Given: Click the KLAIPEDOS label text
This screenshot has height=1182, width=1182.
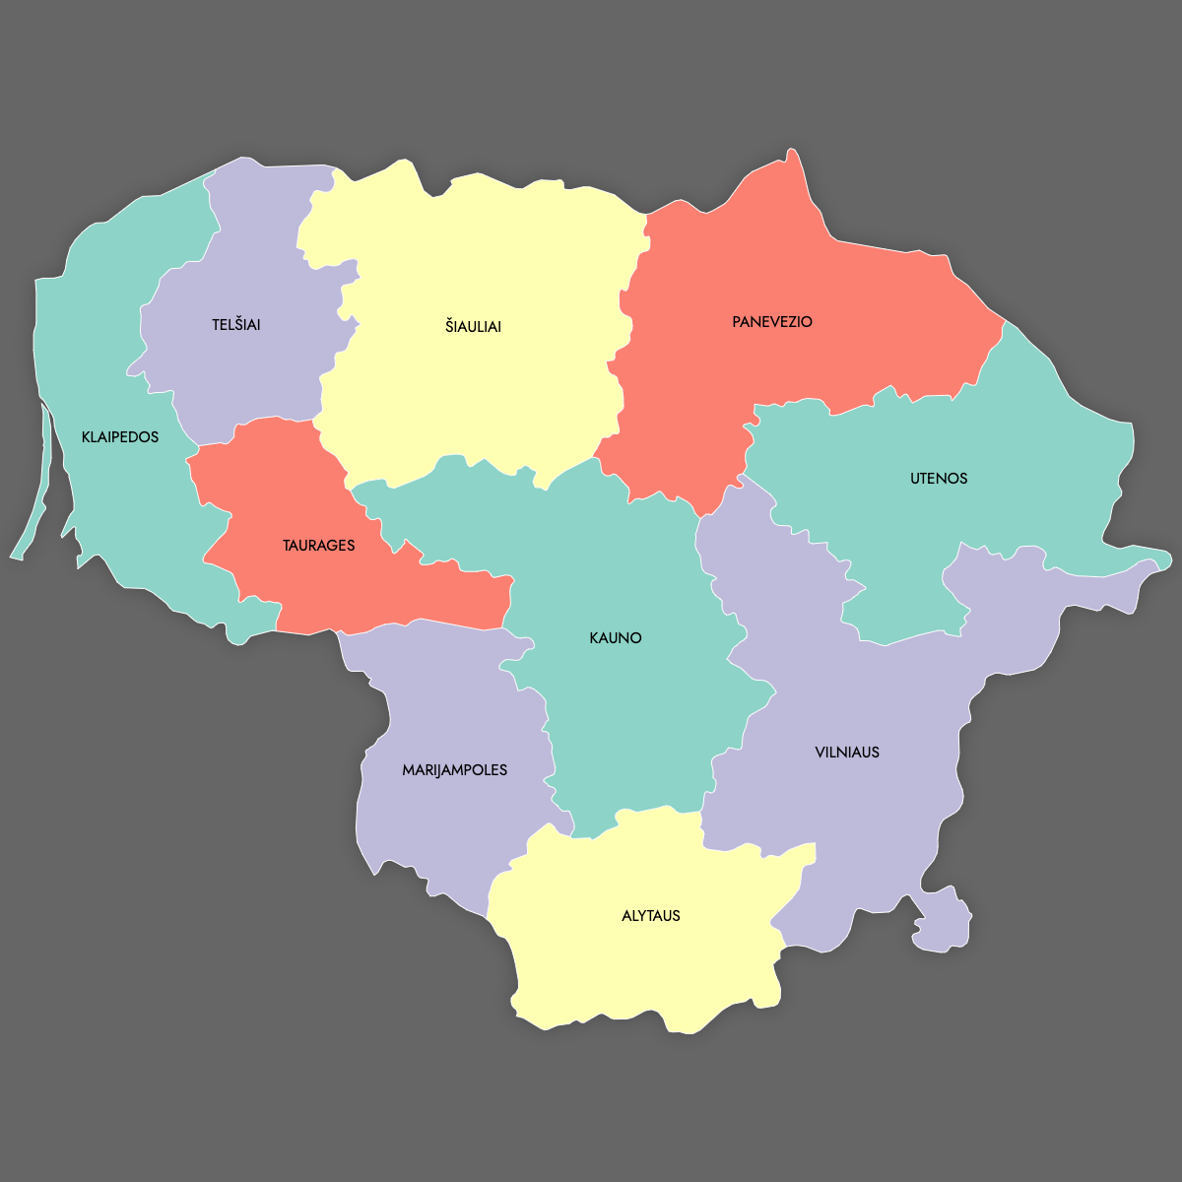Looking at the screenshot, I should click(120, 437).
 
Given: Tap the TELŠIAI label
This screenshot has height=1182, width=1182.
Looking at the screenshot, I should click(236, 325).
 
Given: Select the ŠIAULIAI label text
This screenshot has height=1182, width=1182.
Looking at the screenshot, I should click(473, 327).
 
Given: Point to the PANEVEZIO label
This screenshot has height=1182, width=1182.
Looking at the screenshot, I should click(772, 322).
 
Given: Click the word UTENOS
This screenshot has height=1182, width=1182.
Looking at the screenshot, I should click(939, 479).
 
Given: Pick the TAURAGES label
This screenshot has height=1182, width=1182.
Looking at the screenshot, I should click(318, 546).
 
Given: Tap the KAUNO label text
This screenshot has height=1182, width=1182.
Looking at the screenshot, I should click(616, 638).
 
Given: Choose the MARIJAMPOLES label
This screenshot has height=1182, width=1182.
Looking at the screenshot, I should click(455, 770).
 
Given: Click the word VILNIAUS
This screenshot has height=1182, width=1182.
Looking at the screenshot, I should click(847, 753).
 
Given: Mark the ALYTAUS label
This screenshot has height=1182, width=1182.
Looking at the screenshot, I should click(651, 916).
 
